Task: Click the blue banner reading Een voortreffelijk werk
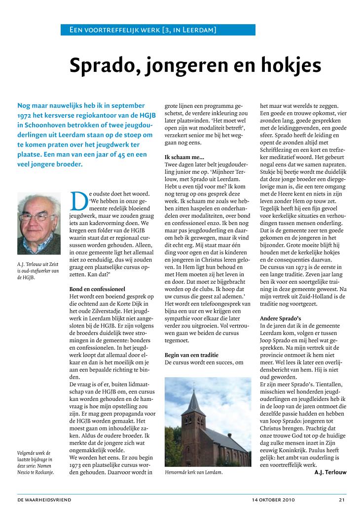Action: [158, 30]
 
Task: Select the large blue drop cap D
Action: [79, 199]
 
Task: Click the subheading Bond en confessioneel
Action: [98, 289]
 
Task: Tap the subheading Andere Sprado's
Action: [280, 318]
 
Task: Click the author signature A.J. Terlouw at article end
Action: [330, 473]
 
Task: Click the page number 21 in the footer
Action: [342, 500]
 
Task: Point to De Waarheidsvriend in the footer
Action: [44, 500]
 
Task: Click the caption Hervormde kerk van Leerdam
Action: [193, 473]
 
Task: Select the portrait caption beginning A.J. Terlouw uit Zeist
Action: [38, 271]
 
